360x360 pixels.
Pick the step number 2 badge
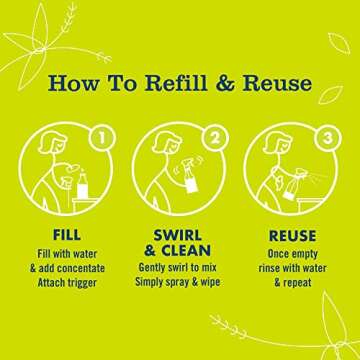(x=217, y=133)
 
